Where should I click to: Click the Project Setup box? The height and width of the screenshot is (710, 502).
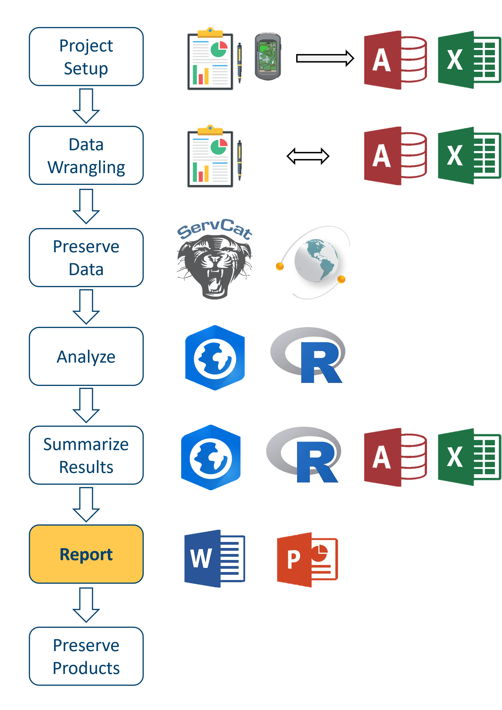pos(86,57)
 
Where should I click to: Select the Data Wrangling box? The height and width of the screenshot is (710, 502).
pos(86,156)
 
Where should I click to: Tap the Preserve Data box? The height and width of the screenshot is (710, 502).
pos(86,258)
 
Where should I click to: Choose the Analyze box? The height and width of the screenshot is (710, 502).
pos(86,356)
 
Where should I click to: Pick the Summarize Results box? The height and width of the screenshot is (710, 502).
pos(86,455)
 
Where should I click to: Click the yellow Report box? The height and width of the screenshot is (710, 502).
pos(86,554)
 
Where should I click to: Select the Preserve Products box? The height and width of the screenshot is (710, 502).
pos(86,656)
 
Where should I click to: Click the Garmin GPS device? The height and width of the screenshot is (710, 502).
pos(267,56)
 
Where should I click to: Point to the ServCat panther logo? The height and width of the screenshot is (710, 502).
pos(215,259)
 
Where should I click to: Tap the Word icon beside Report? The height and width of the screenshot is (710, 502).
pos(214,559)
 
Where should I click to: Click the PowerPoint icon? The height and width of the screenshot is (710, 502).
pos(307,560)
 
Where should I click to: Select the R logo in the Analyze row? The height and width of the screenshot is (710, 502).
pos(308,355)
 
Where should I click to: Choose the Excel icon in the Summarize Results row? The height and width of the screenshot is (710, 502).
pos(469,457)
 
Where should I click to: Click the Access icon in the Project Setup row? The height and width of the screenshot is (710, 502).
pos(395,60)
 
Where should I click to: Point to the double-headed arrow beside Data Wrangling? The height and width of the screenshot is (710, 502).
pos(308,156)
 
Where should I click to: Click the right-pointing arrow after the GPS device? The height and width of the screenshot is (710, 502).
pos(325,58)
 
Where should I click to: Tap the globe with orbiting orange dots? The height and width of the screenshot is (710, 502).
pos(313,262)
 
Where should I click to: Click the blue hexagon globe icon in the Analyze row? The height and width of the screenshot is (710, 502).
pos(215,358)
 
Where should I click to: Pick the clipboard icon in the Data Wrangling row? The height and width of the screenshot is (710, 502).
pos(215,156)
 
